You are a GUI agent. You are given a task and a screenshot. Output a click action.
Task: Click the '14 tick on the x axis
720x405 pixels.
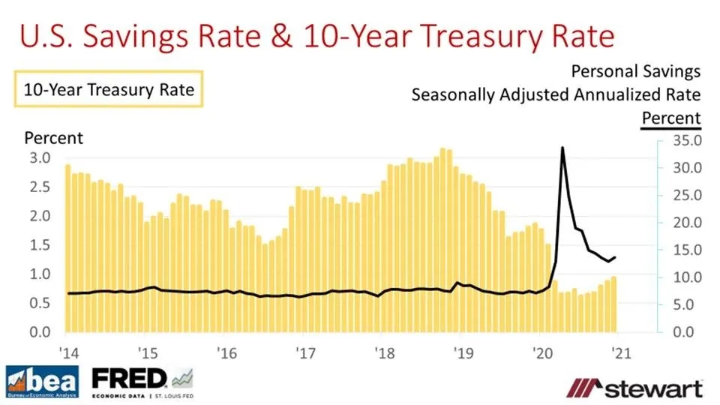pyautogui.click(x=67, y=352)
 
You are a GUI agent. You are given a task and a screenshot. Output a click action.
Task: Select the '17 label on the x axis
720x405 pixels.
pyautogui.click(x=304, y=352)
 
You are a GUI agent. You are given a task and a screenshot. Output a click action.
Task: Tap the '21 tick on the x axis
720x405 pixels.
pyautogui.click(x=619, y=352)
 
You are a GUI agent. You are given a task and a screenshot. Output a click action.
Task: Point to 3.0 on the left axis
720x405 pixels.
pyautogui.click(x=40, y=158)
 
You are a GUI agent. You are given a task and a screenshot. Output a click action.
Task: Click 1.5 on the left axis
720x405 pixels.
pyautogui.click(x=40, y=245)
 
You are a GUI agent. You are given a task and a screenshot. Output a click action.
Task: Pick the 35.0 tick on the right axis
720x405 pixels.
pyautogui.click(x=685, y=141)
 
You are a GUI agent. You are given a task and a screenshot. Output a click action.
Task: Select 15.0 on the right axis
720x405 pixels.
pyautogui.click(x=685, y=250)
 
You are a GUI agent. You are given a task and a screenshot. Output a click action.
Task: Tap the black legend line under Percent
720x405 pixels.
pyautogui.click(x=670, y=129)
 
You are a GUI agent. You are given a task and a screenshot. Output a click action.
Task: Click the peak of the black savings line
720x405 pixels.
pyautogui.click(x=562, y=148)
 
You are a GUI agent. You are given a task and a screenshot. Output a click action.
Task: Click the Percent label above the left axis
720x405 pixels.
pyautogui.click(x=54, y=138)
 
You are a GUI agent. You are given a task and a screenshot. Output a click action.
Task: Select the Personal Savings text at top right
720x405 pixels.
pyautogui.click(x=635, y=71)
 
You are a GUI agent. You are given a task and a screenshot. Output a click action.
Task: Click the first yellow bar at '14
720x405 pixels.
pyautogui.click(x=68, y=248)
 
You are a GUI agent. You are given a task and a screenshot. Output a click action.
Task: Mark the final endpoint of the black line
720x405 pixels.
pyautogui.click(x=615, y=257)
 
